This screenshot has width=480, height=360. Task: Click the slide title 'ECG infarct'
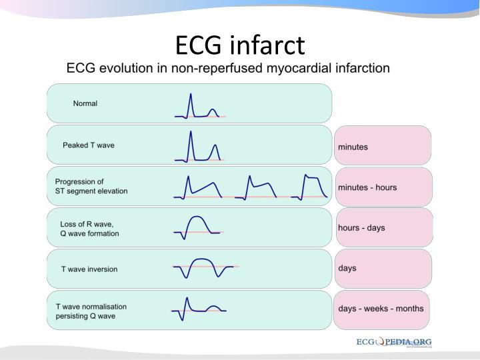pyautogui.click(x=240, y=45)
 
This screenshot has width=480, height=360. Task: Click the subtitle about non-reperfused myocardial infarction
pyautogui.click(x=227, y=69)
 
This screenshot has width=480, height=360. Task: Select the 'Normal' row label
pyautogui.click(x=85, y=103)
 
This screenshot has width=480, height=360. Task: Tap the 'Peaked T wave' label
pyautogui.click(x=89, y=145)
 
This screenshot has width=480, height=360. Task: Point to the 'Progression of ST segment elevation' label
pyautogui.click(x=91, y=186)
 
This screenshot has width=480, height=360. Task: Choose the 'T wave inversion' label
pyautogui.click(x=89, y=269)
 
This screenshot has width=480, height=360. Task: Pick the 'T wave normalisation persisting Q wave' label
pyautogui.click(x=91, y=311)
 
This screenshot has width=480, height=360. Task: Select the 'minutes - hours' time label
pyautogui.click(x=367, y=187)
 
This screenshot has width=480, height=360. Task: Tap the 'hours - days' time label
pyautogui.click(x=361, y=227)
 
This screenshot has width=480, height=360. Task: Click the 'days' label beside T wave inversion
pyautogui.click(x=347, y=268)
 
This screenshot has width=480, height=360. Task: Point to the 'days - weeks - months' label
pyautogui.click(x=381, y=309)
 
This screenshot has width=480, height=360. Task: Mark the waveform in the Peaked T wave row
pyautogui.click(x=199, y=148)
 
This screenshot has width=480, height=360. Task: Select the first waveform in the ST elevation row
pyautogui.click(x=200, y=188)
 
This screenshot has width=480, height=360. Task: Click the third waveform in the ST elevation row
pyautogui.click(x=311, y=187)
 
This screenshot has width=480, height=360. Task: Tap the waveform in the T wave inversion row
pyautogui.click(x=203, y=268)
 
